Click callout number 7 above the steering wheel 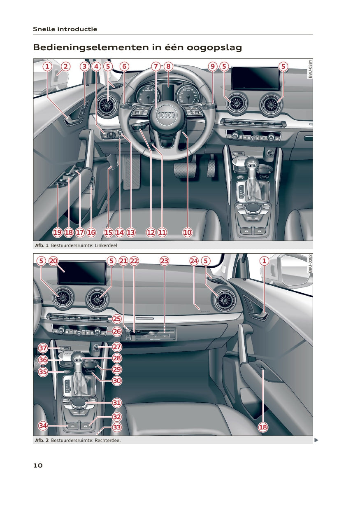[x=156, y=66]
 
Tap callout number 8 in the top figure [x=168, y=66]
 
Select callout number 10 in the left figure [x=188, y=233]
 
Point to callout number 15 [x=108, y=233]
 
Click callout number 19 [x=58, y=233]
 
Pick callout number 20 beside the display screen [x=53, y=261]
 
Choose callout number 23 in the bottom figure [x=165, y=261]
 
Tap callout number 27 [x=117, y=347]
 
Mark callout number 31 [x=117, y=403]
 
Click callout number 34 [x=43, y=425]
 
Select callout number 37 [x=43, y=348]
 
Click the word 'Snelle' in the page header [x=44, y=29]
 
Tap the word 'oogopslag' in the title [x=214, y=48]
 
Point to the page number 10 [x=38, y=465]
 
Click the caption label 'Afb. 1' [x=42, y=245]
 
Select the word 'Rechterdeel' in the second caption [x=108, y=440]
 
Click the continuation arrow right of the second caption [x=316, y=440]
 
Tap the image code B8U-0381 [x=310, y=69]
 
